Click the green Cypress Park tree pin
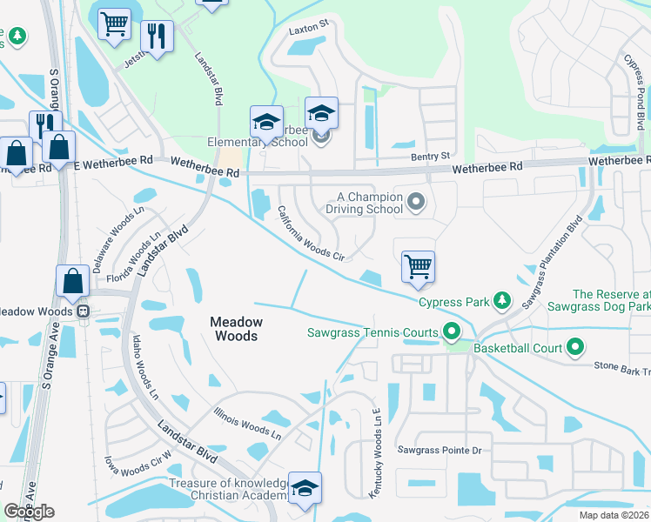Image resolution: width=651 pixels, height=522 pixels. (501, 301)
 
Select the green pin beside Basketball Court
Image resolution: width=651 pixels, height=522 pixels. (574, 348)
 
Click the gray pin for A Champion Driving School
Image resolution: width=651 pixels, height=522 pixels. (416, 203)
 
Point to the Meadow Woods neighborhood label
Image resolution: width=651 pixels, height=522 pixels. (235, 328)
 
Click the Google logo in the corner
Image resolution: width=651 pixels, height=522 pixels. (30, 512)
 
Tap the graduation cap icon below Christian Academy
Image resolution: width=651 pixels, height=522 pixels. (305, 488)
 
